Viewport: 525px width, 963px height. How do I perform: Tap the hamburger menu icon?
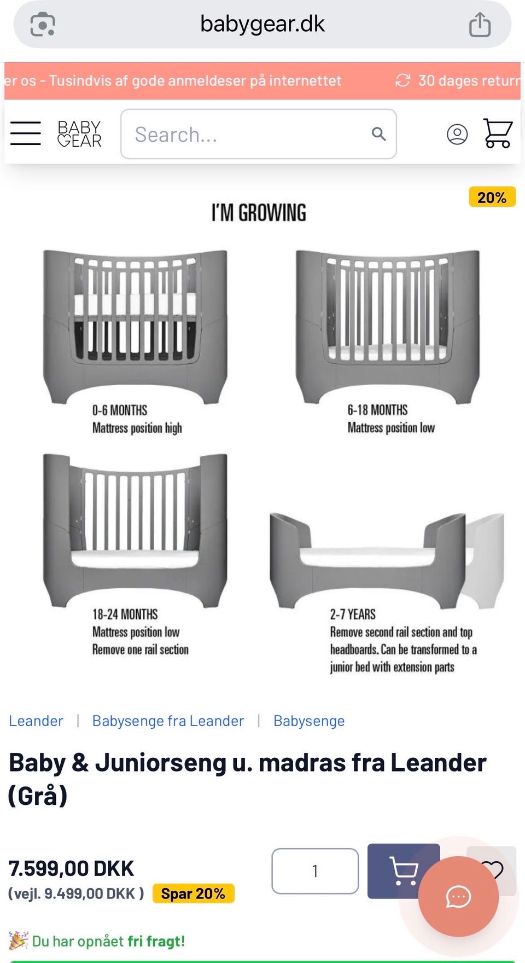tap(26, 133)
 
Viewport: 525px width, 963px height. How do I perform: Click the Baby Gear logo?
tap(79, 134)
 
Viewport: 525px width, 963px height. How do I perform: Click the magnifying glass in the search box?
tap(378, 134)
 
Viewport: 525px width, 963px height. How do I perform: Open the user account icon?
tap(457, 134)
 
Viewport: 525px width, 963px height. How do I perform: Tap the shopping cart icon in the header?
tap(498, 133)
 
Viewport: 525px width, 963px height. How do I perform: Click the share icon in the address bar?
tap(480, 25)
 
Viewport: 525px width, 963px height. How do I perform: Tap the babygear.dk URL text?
tap(262, 24)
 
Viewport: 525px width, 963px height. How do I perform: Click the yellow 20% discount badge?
tap(492, 197)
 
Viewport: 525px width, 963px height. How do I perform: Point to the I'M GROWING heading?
tap(259, 213)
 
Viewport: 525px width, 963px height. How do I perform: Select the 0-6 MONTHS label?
tap(120, 410)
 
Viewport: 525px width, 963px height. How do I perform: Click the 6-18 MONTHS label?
tap(377, 410)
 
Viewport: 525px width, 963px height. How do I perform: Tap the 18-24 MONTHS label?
tap(125, 614)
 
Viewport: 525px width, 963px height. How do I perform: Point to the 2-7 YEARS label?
tap(353, 614)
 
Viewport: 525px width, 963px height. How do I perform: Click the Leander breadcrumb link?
tap(36, 721)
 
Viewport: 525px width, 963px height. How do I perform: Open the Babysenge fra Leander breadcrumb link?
tap(168, 721)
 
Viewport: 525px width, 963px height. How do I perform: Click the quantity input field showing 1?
tap(315, 871)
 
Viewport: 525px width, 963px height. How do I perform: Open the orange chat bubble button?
tap(458, 896)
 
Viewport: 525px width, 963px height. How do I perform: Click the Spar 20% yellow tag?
tap(193, 894)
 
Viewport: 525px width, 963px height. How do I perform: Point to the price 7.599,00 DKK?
tap(71, 869)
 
